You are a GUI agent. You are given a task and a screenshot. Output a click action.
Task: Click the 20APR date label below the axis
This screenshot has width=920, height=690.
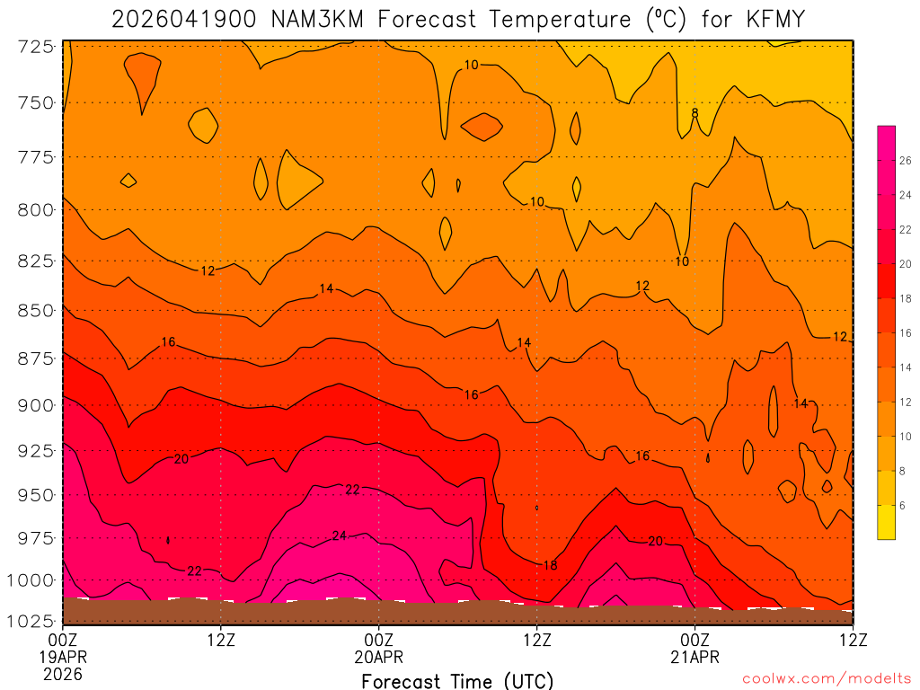[x=379, y=657]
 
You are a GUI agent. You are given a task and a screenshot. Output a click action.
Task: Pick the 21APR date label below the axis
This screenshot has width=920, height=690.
[x=695, y=657]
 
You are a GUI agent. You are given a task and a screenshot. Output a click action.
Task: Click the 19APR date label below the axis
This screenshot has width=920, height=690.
[x=64, y=657]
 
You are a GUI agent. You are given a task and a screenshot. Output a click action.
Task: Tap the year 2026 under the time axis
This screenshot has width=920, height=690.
[x=64, y=673]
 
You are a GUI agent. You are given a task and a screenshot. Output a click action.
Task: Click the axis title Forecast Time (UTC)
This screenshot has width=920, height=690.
[x=457, y=680]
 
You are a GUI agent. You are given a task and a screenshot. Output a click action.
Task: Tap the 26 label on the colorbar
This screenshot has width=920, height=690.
[x=903, y=161]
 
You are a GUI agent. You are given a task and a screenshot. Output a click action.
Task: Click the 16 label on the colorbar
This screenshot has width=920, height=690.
[x=903, y=333]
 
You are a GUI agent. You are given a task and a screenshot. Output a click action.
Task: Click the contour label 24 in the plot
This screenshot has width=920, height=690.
[x=339, y=536]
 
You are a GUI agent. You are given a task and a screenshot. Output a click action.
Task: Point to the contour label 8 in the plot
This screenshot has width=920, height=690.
[x=694, y=113]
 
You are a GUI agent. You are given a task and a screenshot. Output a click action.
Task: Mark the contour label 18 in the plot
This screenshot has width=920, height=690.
[x=550, y=565]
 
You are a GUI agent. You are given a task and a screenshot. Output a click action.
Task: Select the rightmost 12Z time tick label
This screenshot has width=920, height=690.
[x=852, y=640]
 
